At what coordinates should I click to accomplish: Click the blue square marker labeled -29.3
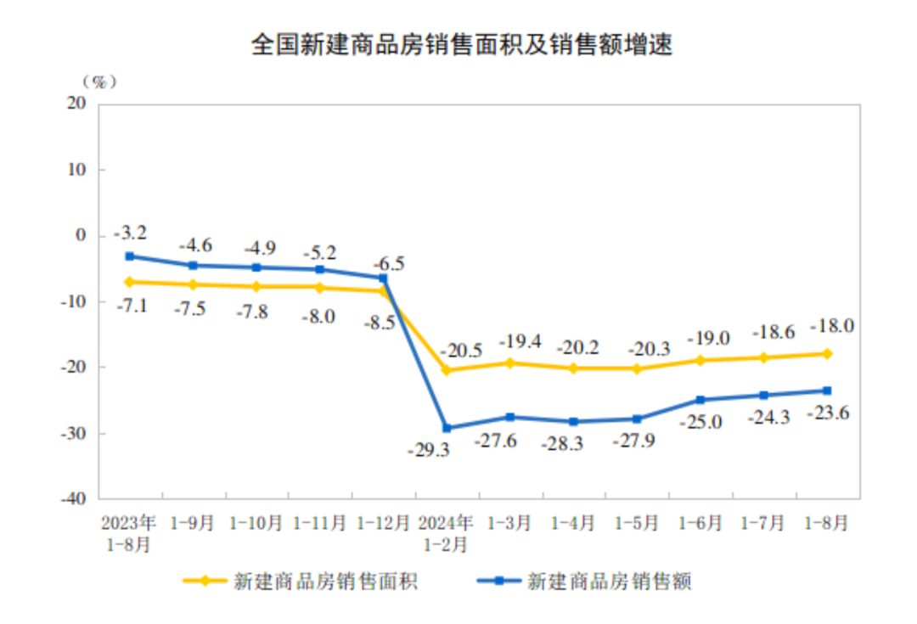click(447, 428)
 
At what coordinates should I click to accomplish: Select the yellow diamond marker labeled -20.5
click(447, 370)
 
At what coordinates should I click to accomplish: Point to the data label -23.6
click(828, 414)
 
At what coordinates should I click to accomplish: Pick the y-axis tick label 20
click(77, 104)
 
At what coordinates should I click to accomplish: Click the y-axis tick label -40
click(74, 499)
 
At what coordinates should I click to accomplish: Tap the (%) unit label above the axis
click(98, 82)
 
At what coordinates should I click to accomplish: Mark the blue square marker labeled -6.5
click(383, 278)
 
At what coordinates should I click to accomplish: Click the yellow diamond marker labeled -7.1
click(129, 282)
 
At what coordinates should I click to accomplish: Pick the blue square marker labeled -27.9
click(637, 419)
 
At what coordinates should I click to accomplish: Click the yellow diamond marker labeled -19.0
click(700, 360)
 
